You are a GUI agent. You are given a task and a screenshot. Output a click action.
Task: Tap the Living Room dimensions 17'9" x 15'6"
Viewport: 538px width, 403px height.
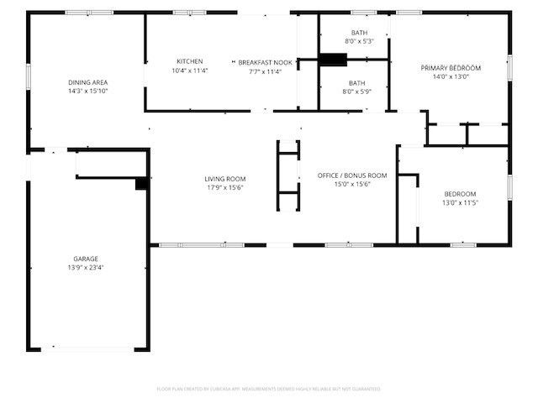point(224,187)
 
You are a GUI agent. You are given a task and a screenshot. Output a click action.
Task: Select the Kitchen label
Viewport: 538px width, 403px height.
point(189,61)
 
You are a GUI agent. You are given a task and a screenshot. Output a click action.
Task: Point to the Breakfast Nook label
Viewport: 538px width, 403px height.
point(265,62)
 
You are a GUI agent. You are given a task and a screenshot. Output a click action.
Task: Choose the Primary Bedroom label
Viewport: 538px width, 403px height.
point(451,67)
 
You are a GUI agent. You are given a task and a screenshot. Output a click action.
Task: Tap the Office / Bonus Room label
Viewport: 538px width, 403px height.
point(351,175)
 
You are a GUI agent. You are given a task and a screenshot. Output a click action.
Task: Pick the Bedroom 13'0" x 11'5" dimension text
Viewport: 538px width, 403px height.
point(460,202)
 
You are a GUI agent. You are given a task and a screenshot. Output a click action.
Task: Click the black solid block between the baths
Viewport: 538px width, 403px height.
point(333,59)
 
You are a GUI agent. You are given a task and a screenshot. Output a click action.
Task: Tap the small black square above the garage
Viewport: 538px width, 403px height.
point(142,183)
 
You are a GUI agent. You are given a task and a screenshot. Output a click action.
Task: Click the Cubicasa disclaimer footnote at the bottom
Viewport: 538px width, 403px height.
point(269,389)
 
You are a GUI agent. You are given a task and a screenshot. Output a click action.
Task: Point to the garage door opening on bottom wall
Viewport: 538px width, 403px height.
point(88,348)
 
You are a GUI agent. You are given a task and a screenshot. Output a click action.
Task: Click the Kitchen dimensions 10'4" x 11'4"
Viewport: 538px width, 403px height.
point(189,71)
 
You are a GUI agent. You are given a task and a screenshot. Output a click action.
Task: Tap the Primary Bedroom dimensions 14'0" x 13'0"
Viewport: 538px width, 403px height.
point(451,76)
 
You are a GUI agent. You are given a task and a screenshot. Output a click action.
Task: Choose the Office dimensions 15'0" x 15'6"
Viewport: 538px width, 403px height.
point(351,184)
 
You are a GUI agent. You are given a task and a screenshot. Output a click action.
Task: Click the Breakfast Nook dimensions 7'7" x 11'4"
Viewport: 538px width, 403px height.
point(265,71)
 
